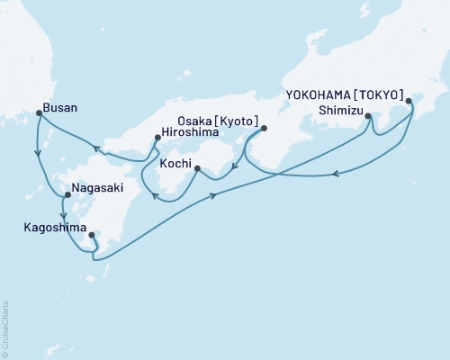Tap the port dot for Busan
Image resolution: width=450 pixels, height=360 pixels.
pos(38,113)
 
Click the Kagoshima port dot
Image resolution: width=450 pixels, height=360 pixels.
pos(93,237)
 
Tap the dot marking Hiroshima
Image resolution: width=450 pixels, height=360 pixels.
pos(157,137)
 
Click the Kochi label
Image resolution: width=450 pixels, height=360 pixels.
pos(175,165)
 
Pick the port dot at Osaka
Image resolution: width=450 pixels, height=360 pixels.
pos(264,128)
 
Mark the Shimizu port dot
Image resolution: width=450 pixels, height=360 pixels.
pos(369,115)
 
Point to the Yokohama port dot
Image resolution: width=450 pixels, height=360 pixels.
pos(410,102)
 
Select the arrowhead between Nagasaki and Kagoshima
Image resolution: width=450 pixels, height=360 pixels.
pos(62,214)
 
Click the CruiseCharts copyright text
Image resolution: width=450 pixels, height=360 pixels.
pos(5,329)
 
